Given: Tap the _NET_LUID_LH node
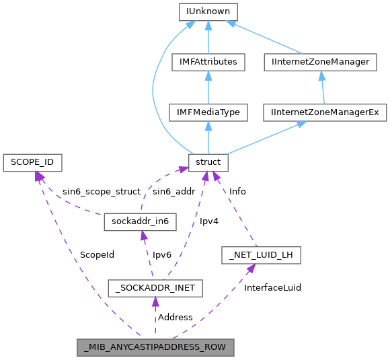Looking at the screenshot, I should (x=261, y=255).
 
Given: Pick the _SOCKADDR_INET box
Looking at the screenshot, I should (x=156, y=289).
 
